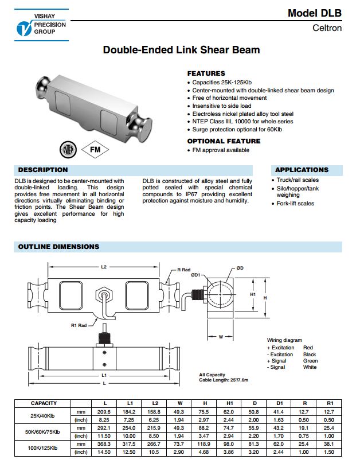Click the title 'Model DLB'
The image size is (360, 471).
[314, 13]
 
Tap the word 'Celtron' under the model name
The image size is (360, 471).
[327, 28]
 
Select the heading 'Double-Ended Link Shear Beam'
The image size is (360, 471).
[181, 50]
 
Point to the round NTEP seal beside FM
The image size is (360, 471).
[68, 150]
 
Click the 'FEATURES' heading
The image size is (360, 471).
[206, 74]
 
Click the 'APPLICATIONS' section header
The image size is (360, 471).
[302, 170]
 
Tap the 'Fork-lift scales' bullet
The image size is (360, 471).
[295, 204]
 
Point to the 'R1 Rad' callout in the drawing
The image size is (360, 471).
[79, 325]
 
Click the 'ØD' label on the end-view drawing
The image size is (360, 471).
[240, 268]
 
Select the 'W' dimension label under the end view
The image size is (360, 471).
[221, 337]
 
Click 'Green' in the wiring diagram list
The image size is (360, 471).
[310, 361]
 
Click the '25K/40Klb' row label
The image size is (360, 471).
[44, 415]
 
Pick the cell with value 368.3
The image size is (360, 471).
[104, 445]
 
